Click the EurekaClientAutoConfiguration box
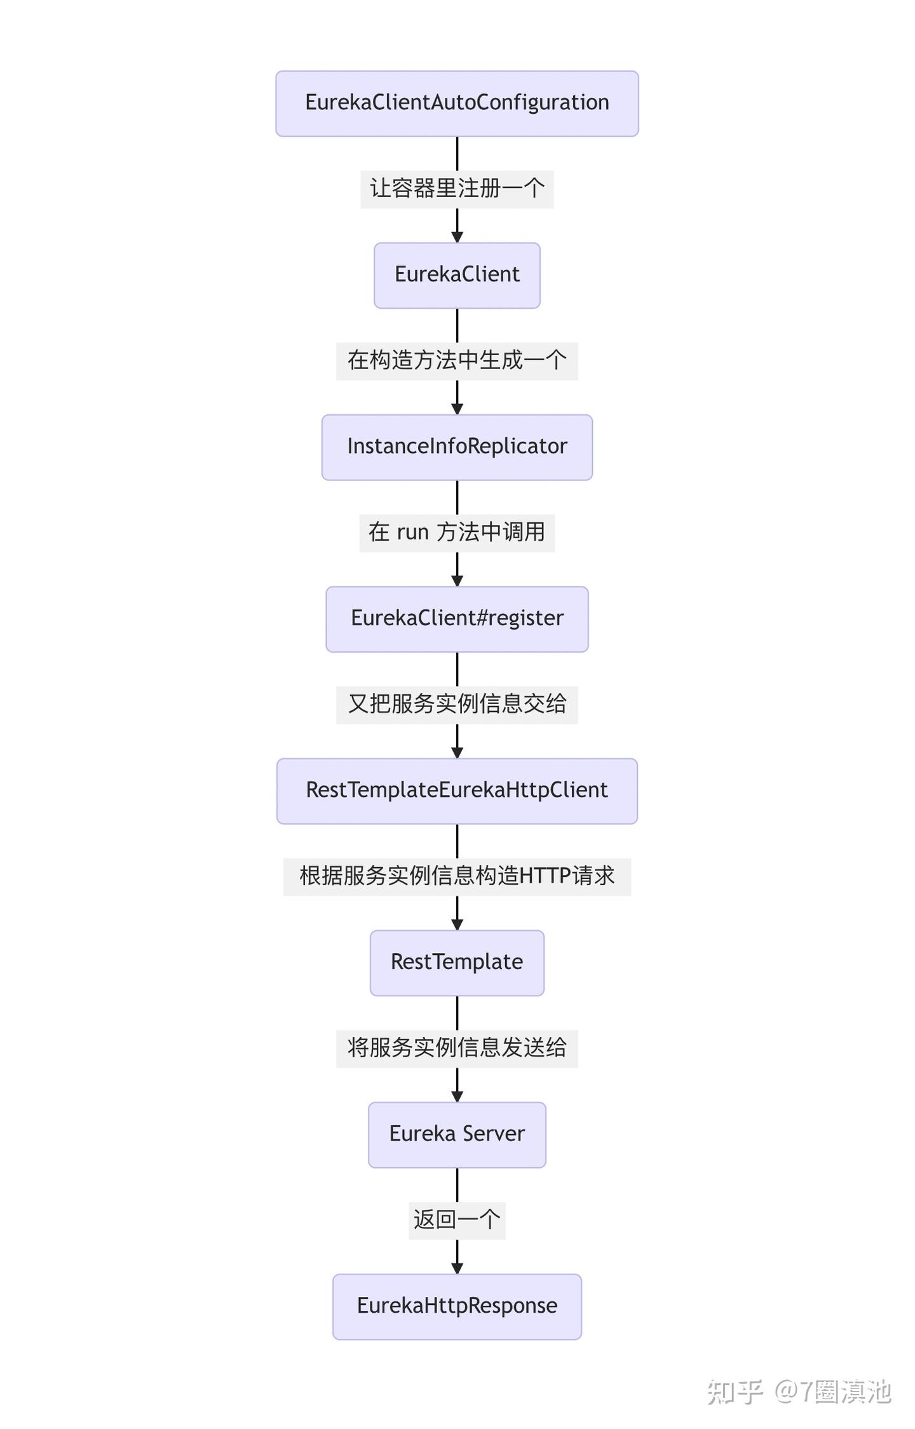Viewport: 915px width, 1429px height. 457,103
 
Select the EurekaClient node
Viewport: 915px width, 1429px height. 457,275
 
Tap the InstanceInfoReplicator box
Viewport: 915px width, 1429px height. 457,447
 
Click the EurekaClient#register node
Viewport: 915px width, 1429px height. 457,619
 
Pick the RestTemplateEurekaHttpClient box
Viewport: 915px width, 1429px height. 457,790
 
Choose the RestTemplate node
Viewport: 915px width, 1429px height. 457,963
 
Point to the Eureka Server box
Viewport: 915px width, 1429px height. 457,1134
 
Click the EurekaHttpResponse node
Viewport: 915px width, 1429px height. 457,1306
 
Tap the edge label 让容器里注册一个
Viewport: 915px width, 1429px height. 457,189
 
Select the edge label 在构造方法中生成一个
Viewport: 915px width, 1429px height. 457,361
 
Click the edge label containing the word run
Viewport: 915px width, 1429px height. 457,532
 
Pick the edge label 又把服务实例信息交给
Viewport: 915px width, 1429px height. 457,705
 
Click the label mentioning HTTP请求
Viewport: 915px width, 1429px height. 457,876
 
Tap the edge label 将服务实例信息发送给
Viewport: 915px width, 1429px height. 457,1048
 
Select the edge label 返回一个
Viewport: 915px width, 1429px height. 457,1220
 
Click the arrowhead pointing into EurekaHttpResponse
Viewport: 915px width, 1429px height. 457,1268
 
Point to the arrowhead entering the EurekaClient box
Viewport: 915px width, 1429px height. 457,237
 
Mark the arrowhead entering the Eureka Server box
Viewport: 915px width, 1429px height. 457,1097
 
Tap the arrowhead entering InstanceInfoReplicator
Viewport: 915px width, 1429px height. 457,409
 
